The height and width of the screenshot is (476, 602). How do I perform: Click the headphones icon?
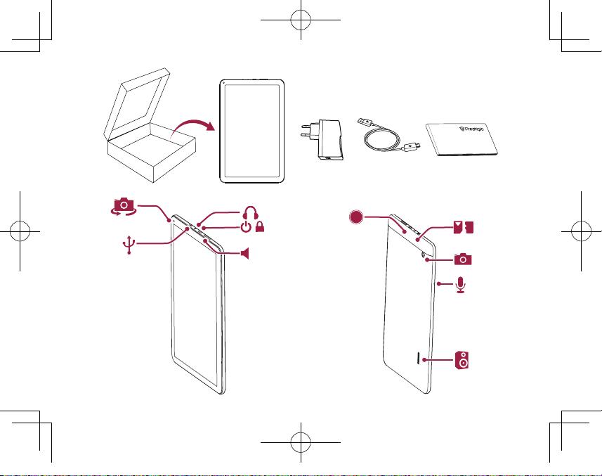(x=251, y=213)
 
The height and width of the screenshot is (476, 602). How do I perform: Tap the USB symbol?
(x=129, y=245)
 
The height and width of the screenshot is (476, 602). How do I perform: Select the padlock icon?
(x=260, y=226)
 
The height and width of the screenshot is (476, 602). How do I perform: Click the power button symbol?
(x=246, y=226)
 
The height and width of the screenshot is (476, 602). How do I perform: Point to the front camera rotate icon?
(x=123, y=207)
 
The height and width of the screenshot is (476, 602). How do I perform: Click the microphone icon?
(x=461, y=285)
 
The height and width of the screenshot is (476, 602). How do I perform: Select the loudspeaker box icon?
(x=462, y=360)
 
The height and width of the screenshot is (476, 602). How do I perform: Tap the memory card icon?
(x=464, y=227)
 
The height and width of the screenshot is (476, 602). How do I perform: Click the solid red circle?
(x=356, y=217)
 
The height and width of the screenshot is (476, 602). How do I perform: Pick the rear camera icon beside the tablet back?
(x=463, y=259)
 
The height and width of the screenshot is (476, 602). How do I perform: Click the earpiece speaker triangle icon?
(x=245, y=254)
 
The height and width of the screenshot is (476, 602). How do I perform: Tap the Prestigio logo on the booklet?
(x=471, y=129)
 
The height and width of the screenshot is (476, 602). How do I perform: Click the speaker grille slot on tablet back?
(x=417, y=357)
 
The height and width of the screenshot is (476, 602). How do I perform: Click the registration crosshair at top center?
(x=301, y=20)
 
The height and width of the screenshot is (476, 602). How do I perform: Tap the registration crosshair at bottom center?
(x=301, y=442)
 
